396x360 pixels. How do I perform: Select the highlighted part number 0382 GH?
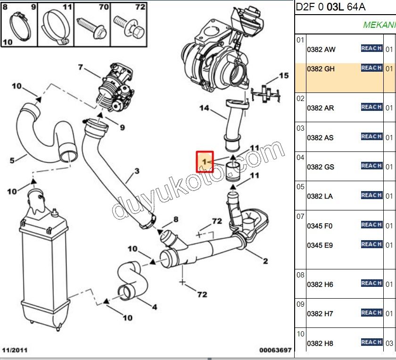(321, 69)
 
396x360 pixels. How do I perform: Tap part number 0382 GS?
(321, 167)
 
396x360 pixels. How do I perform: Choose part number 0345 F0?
(320, 226)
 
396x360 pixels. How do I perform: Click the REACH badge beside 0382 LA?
(371, 195)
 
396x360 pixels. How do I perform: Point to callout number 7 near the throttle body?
(80, 68)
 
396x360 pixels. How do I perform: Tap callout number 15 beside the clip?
(283, 75)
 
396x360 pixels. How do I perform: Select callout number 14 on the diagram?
(204, 108)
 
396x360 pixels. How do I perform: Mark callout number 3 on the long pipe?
(137, 171)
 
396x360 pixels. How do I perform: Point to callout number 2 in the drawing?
(265, 261)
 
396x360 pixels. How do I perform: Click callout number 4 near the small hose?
(154, 307)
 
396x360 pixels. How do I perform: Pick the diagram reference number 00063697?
(275, 350)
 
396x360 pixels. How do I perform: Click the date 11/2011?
(15, 350)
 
